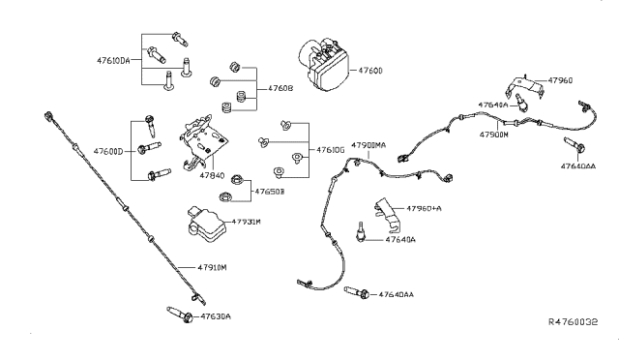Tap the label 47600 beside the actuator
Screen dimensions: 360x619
[373, 71]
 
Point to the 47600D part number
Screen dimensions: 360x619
[109, 151]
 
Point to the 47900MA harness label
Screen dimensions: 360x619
[368, 144]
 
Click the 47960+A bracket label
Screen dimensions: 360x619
[424, 208]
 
